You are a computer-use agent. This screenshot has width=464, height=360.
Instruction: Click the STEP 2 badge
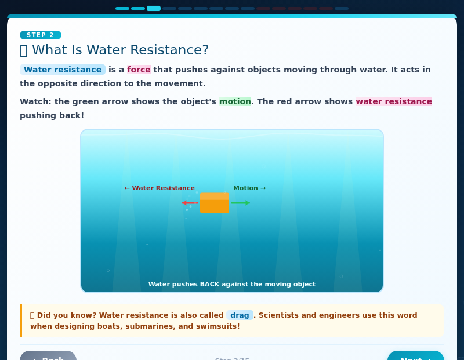pyautogui.click(x=41, y=35)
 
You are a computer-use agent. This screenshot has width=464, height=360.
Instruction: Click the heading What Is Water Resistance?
pyautogui.click(x=120, y=50)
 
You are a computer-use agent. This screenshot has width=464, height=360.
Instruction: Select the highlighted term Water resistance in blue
pyautogui.click(x=63, y=70)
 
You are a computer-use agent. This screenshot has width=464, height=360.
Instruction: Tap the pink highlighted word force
pyautogui.click(x=139, y=70)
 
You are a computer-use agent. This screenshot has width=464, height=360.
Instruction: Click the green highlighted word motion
pyautogui.click(x=235, y=101)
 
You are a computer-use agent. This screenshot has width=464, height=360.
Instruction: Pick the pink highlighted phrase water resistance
pyautogui.click(x=394, y=101)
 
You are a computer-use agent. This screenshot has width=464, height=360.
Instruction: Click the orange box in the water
pyautogui.click(x=215, y=203)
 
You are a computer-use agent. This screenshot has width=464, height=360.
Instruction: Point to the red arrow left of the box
pyautogui.click(x=190, y=203)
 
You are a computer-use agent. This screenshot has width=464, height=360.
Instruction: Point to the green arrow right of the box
pyautogui.click(x=240, y=203)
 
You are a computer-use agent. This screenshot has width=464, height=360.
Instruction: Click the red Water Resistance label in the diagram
pyautogui.click(x=159, y=188)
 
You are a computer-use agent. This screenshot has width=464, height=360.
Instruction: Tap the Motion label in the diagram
pyautogui.click(x=249, y=188)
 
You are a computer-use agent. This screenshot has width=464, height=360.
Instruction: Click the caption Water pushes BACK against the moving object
pyautogui.click(x=232, y=284)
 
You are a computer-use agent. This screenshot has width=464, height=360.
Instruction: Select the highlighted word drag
pyautogui.click(x=240, y=315)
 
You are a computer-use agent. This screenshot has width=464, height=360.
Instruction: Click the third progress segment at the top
pyautogui.click(x=154, y=8)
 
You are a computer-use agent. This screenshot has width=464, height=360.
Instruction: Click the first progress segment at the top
pyautogui.click(x=122, y=8)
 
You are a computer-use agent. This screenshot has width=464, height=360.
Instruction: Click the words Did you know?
pyautogui.click(x=66, y=315)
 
